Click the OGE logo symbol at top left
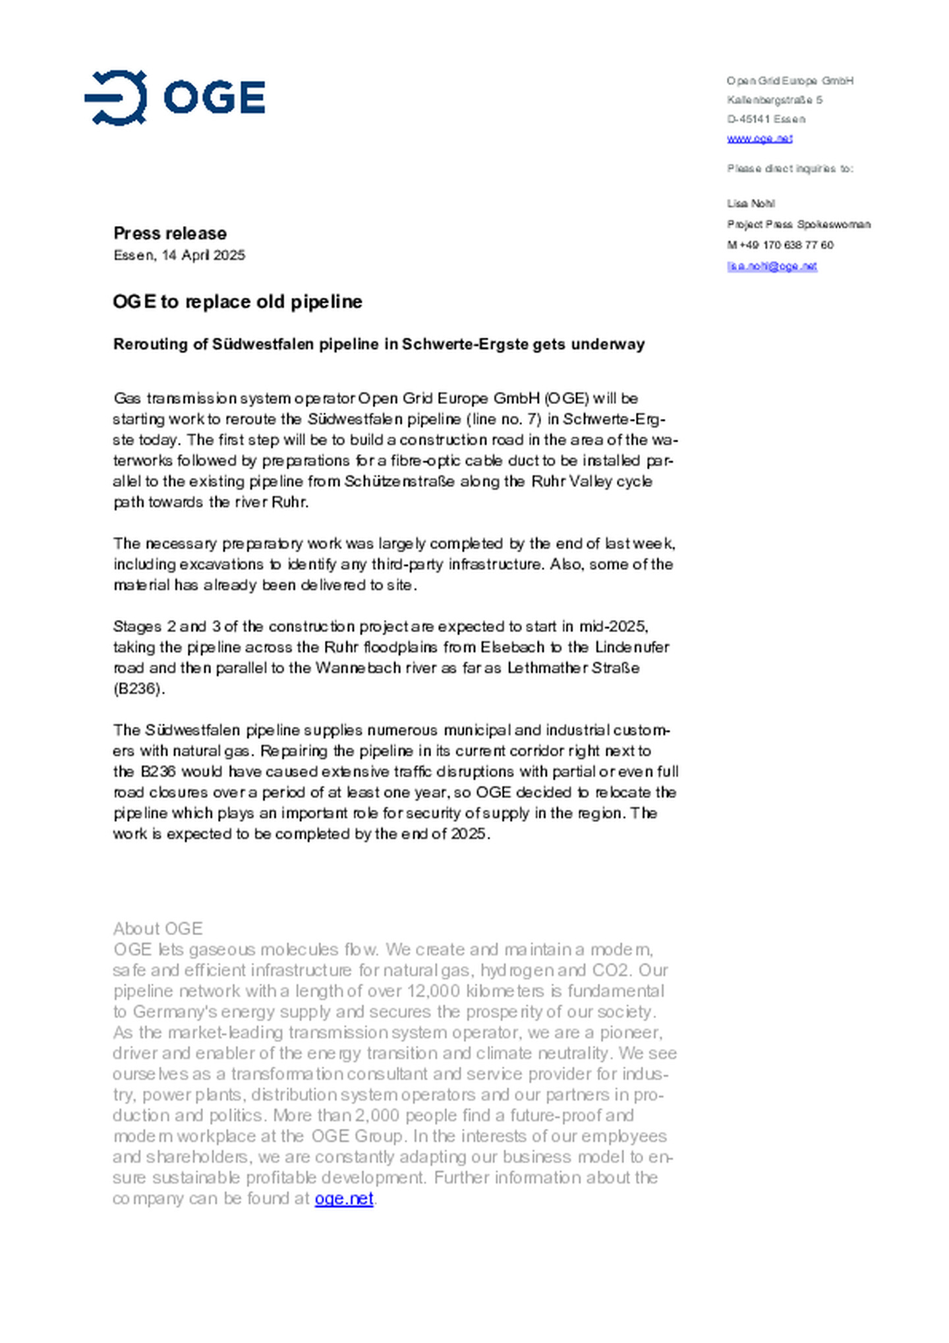click(x=116, y=98)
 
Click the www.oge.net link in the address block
click(x=759, y=138)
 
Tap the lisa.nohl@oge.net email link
click(x=772, y=266)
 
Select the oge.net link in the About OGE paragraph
click(x=343, y=1199)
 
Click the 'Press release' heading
click(x=169, y=233)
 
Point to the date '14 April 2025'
click(x=203, y=255)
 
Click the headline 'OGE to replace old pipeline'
click(x=237, y=302)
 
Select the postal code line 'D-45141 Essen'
click(x=766, y=119)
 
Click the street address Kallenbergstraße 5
click(x=774, y=100)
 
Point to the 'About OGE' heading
click(x=158, y=929)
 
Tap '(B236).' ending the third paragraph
click(x=139, y=689)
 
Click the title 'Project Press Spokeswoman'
click(x=799, y=225)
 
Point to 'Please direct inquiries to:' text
click(x=790, y=169)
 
